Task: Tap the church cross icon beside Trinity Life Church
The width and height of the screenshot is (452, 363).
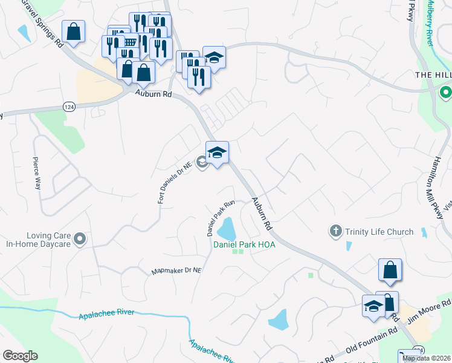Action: click(x=335, y=231)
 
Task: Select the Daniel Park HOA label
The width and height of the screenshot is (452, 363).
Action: click(x=244, y=244)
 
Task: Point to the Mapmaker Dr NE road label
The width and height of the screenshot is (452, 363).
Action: click(x=175, y=271)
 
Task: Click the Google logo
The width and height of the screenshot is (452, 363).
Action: click(x=20, y=356)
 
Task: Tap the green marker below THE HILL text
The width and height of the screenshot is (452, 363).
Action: click(x=445, y=93)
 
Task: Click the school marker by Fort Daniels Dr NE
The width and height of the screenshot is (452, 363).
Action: click(x=217, y=152)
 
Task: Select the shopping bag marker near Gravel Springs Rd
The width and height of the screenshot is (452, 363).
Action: click(x=73, y=31)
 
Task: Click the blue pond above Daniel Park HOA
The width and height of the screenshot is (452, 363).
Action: click(x=227, y=229)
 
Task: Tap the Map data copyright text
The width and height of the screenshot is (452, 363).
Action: click(x=427, y=358)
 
